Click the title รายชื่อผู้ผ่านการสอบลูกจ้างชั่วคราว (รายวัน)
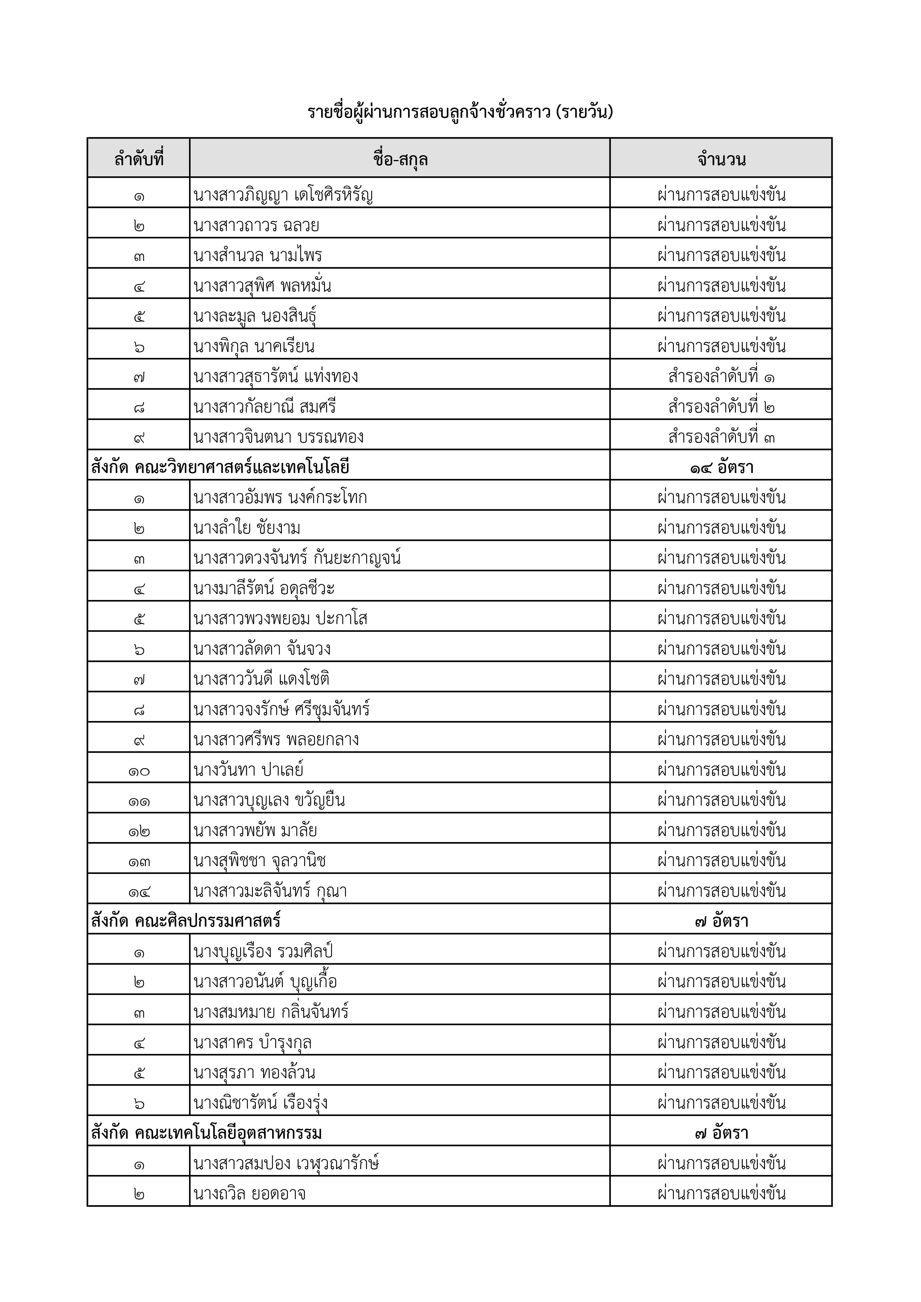pyautogui.click(x=460, y=112)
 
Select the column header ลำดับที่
pyautogui.click(x=139, y=159)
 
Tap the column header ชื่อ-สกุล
pyautogui.click(x=400, y=159)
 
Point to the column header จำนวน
pyautogui.click(x=721, y=159)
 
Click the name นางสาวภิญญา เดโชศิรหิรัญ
pyautogui.click(x=283, y=195)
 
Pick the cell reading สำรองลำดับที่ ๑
pyautogui.click(x=721, y=376)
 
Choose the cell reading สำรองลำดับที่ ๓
pyautogui.click(x=721, y=437)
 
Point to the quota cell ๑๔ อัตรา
pyautogui.click(x=721, y=467)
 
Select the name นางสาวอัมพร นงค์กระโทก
pyautogui.click(x=280, y=497)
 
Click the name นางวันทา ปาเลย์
pyautogui.click(x=248, y=770)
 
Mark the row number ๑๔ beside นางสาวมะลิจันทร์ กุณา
pyautogui.click(x=139, y=891)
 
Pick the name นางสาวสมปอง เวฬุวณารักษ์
pyautogui.click(x=286, y=1164)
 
